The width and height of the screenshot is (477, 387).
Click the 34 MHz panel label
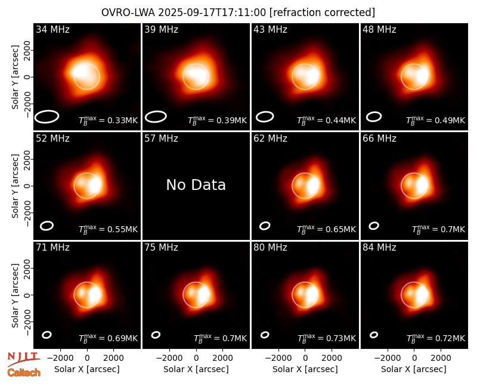coord(52,29)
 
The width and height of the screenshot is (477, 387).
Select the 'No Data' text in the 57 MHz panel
coord(196,185)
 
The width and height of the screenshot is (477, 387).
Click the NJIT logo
coord(24,359)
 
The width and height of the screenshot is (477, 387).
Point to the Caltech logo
coord(24,373)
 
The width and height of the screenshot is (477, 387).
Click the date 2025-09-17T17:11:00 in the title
coord(212,13)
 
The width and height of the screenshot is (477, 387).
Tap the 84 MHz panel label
coord(379,248)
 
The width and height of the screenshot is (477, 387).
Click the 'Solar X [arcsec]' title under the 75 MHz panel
coord(196,369)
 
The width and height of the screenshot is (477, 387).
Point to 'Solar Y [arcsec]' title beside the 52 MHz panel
coord(15,186)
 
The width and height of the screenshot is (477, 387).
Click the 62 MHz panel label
coord(270,139)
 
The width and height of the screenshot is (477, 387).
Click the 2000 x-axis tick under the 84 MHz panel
coord(441,358)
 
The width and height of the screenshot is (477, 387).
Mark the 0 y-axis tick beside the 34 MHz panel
coord(27,77)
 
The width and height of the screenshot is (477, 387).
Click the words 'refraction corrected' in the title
coord(322,13)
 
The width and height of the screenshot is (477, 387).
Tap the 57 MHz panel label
coord(161,139)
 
